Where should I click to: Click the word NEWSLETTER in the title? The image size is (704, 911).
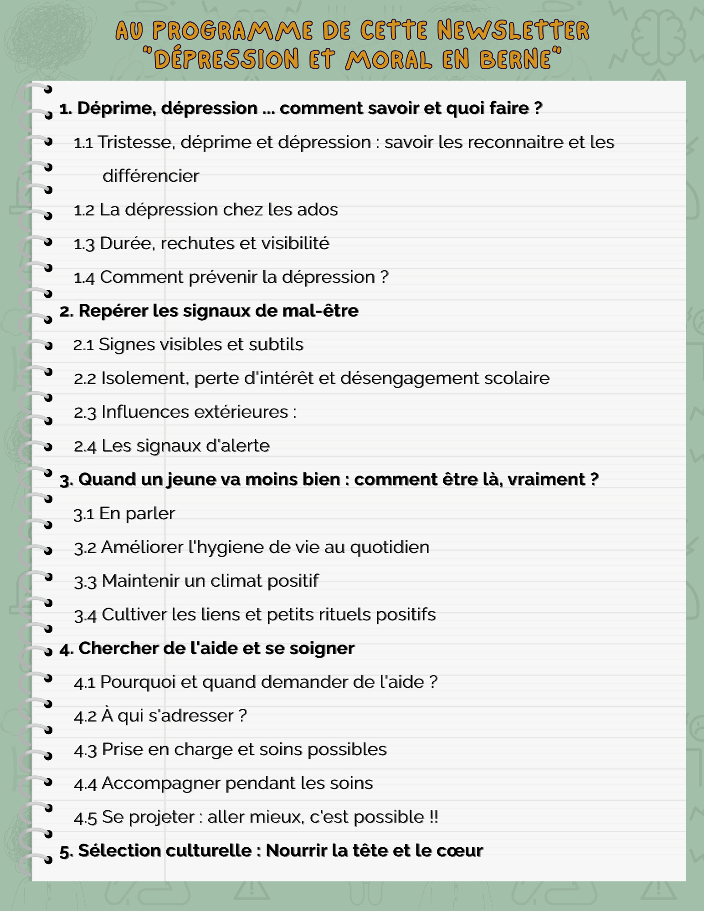(513, 31)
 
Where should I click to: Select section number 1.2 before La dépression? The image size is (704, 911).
(84, 210)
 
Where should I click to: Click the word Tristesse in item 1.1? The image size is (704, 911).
(136, 143)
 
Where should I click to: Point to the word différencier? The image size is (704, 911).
(151, 176)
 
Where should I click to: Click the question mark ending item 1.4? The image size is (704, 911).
(384, 277)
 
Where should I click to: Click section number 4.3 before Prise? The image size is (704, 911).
(85, 750)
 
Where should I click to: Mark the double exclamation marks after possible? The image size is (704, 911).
(433, 817)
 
